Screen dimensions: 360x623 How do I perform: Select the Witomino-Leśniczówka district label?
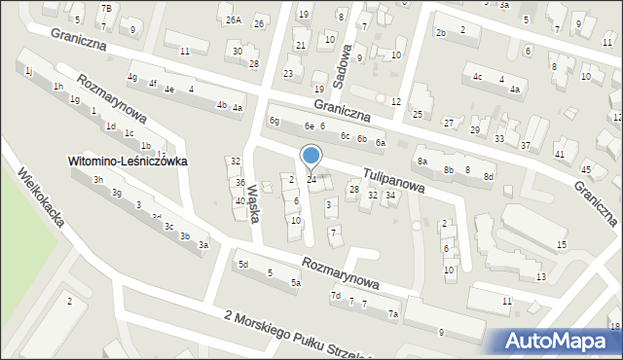click(x=127, y=161)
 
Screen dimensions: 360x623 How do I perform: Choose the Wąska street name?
click(x=254, y=202)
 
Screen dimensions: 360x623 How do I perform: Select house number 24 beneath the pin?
click(x=311, y=179)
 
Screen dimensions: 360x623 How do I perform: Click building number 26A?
click(x=233, y=19)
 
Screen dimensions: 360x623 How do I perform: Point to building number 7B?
click(x=107, y=9)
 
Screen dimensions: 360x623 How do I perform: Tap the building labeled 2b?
click(x=441, y=33)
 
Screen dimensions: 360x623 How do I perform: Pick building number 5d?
click(x=243, y=264)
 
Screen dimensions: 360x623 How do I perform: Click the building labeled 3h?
click(x=97, y=180)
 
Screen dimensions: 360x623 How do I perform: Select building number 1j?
click(x=29, y=71)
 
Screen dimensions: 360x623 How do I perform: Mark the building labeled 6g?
click(x=275, y=121)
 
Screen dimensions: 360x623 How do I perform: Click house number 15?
click(x=561, y=243)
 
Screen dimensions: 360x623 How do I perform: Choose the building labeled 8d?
click(x=489, y=176)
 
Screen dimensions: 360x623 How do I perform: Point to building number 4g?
click(x=132, y=77)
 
